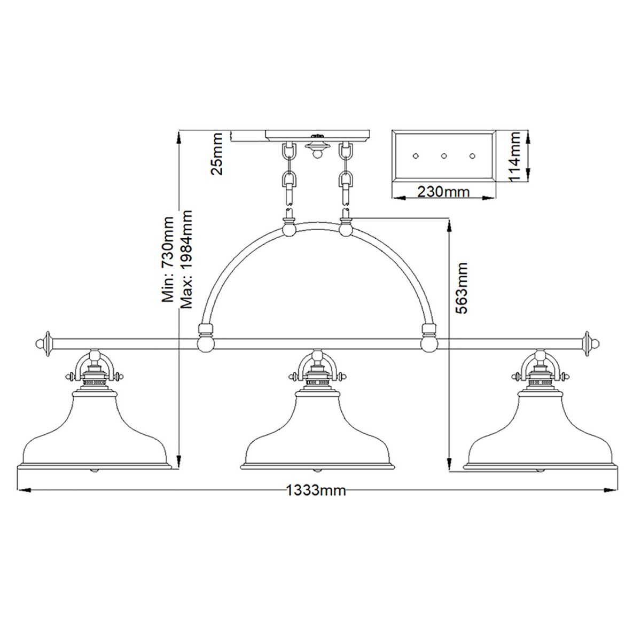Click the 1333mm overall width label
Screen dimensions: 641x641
[x=316, y=490]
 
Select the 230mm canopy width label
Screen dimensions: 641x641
[x=443, y=191]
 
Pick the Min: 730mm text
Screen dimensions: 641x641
[x=169, y=260]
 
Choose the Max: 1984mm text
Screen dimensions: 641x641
[x=185, y=260]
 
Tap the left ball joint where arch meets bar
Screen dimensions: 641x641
[x=205, y=343]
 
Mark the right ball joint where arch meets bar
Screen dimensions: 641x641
[x=428, y=343]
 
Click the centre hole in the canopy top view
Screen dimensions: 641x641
[x=443, y=156]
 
